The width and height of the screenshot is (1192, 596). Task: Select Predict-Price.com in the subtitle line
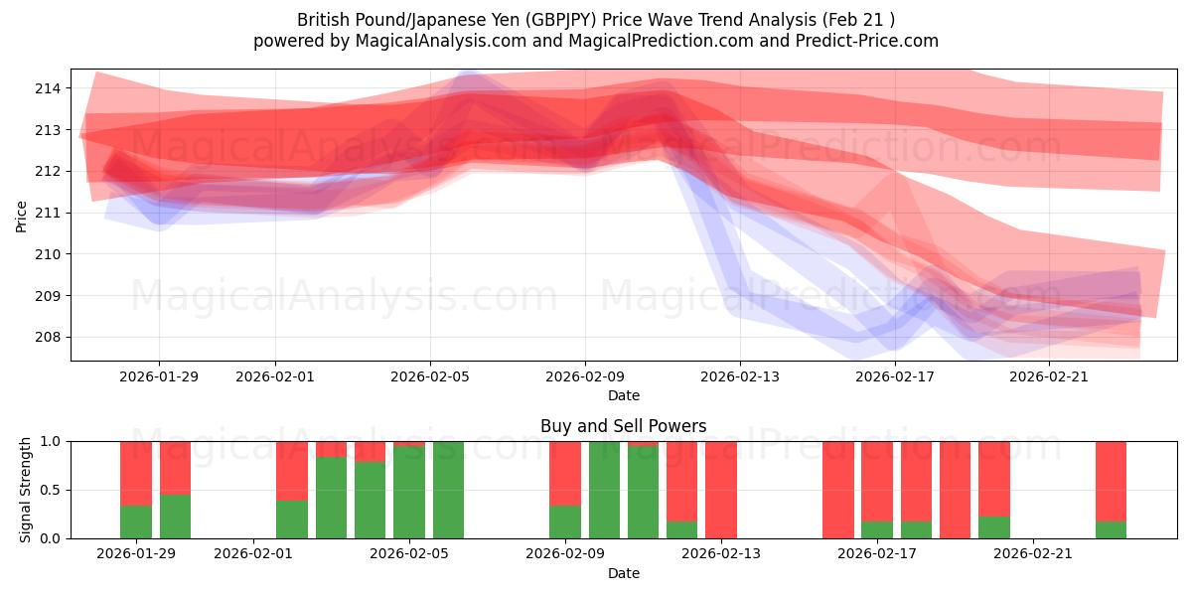tap(861, 41)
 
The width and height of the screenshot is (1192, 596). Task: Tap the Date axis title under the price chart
tap(624, 395)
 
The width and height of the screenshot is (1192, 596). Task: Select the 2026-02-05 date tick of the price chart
tap(430, 376)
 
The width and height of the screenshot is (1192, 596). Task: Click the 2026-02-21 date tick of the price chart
tap(1050, 376)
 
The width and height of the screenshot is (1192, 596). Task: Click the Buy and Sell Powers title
tap(624, 426)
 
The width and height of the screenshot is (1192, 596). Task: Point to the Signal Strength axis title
tap(26, 490)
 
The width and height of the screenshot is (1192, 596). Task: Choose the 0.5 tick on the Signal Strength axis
tap(49, 490)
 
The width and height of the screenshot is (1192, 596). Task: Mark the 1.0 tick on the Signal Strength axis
tap(49, 441)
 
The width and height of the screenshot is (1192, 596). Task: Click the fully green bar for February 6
tap(448, 490)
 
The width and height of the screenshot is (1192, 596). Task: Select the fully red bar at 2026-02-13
tap(721, 490)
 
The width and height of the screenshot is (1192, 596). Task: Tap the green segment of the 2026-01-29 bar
tap(136, 521)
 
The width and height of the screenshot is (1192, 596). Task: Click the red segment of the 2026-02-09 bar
tap(565, 473)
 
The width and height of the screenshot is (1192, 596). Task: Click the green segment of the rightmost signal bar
tap(1112, 529)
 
